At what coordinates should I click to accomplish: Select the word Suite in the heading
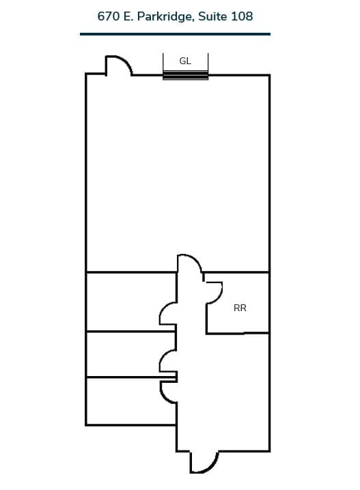214,16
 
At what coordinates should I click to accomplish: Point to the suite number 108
243,16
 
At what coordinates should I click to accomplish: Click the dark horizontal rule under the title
175,33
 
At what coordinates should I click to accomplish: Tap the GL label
185,61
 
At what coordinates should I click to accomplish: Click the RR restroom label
240,308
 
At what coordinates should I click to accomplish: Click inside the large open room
177,171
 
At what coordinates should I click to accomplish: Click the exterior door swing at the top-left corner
117,66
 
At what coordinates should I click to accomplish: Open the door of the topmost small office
168,313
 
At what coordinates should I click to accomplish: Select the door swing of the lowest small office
168,391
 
